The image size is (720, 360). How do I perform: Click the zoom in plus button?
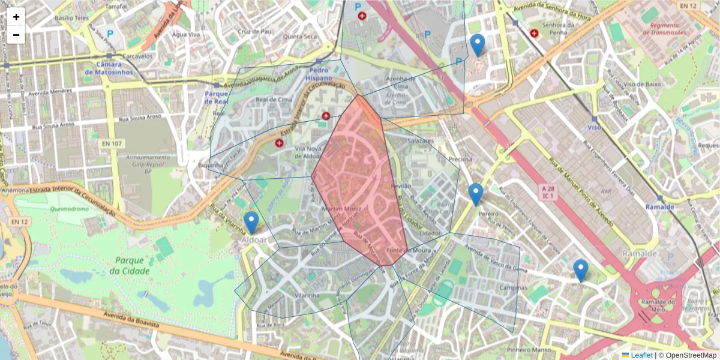(16, 17)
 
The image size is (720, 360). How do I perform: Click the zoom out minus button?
(16, 35)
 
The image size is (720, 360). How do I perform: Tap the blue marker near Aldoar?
(251, 223)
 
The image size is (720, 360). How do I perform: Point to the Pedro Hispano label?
(319, 74)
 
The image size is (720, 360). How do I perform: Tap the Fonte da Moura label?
(402, 250)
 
